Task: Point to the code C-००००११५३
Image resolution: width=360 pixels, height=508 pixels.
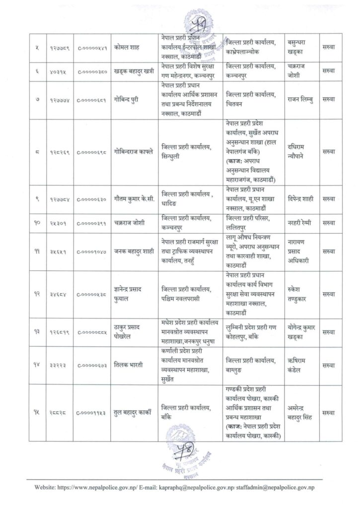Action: point(93,411)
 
